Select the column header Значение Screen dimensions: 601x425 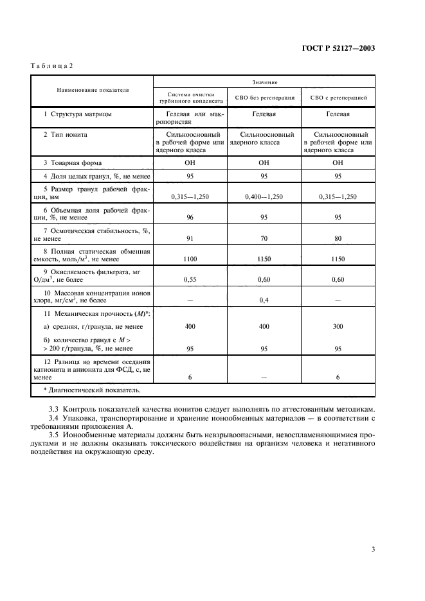264,82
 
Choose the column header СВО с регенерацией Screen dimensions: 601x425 338,98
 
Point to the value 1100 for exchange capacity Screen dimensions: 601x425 190,259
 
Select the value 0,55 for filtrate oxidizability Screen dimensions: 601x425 190,279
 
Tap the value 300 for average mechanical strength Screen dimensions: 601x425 338,327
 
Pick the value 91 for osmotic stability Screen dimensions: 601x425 190,238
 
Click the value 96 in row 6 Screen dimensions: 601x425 190,218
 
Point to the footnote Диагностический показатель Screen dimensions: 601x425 90,390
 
